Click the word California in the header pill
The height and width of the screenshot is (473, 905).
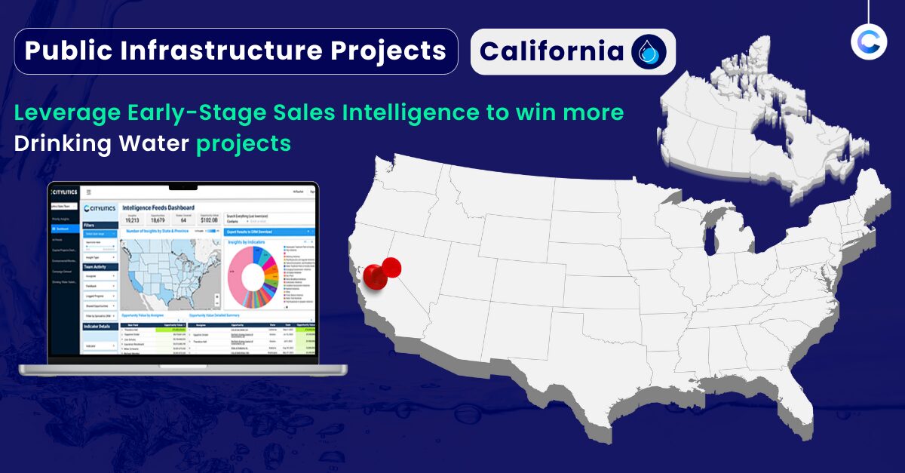551,51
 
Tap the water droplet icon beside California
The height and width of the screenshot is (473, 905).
649,52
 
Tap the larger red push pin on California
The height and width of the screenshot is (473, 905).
375,276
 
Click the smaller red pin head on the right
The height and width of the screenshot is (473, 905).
391,266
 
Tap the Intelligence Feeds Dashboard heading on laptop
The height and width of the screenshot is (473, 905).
158,207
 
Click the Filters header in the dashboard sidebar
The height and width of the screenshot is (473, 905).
90,225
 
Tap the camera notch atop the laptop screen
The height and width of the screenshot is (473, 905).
182,186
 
